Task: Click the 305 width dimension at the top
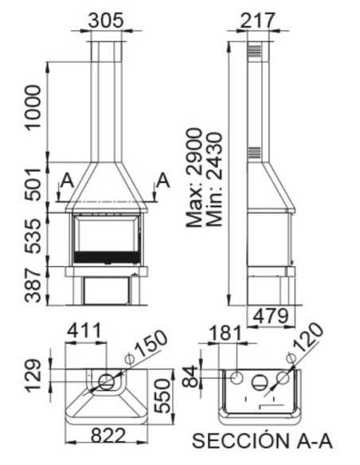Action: coord(106,21)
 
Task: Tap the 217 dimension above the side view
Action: coord(257,21)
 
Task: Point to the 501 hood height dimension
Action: coord(33,185)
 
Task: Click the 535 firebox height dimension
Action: coord(33,236)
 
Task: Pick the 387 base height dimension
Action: coord(33,285)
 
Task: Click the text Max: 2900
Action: coord(194,178)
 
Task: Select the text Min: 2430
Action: coord(214,179)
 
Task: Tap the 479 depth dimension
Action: coord(271,316)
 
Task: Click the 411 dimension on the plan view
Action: coord(84,331)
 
